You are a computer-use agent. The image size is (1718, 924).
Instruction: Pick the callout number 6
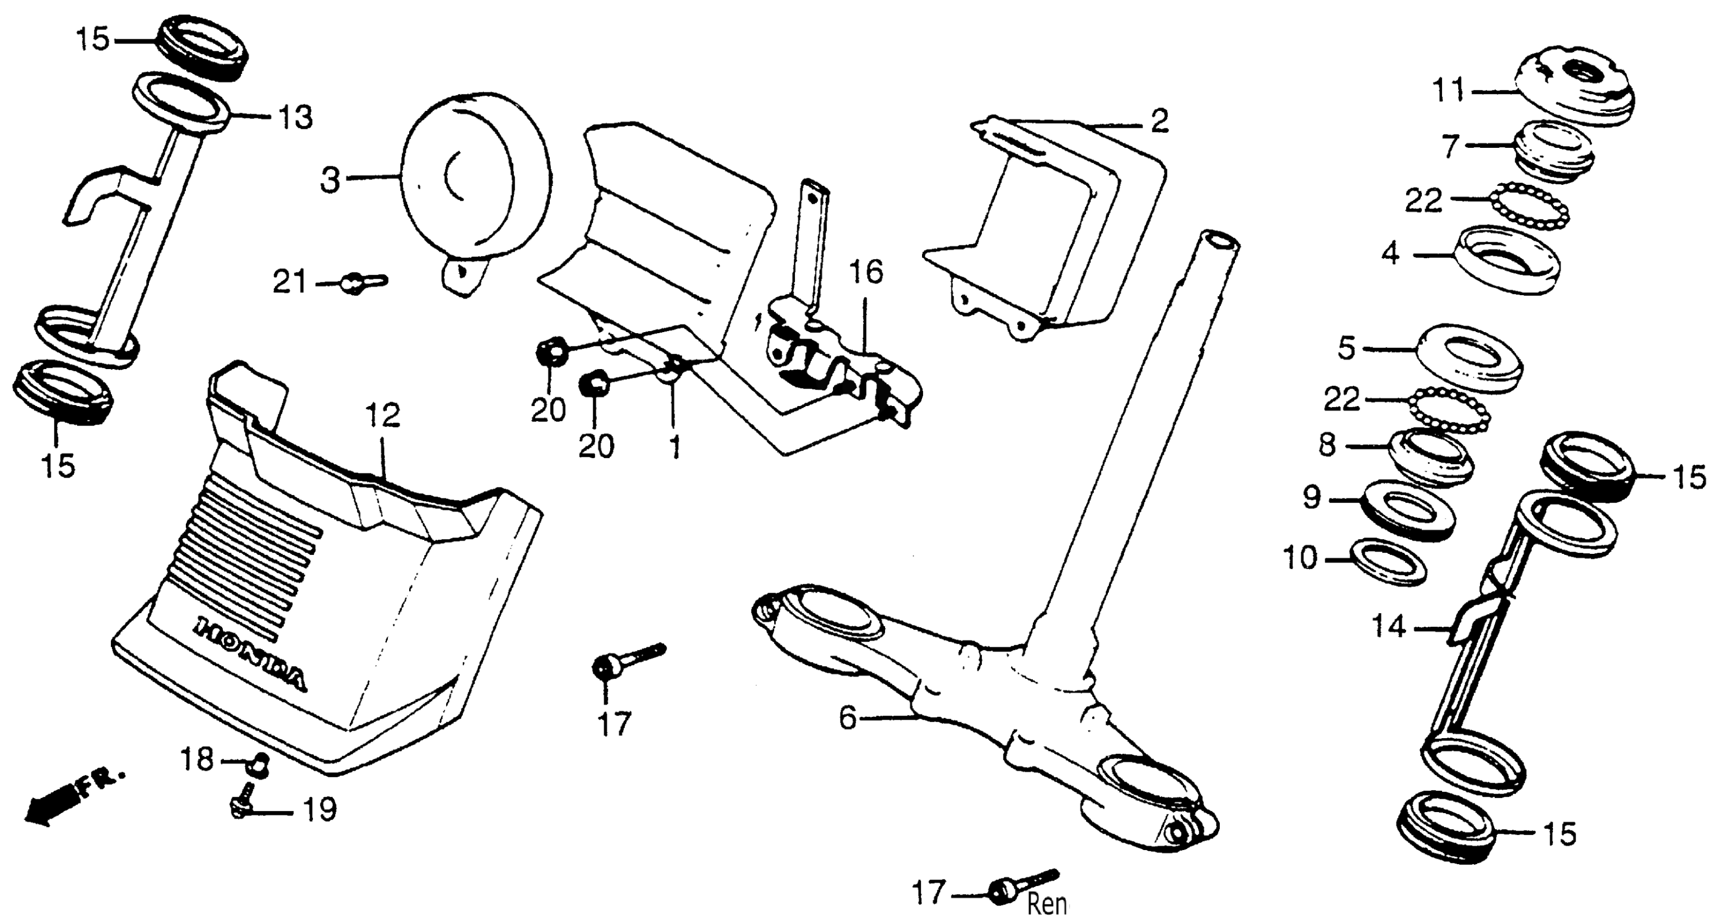click(x=847, y=718)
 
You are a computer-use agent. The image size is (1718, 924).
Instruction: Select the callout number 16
click(x=866, y=272)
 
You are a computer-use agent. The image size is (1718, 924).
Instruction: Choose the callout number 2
click(x=1159, y=121)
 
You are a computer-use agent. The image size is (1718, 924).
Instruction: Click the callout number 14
click(x=1389, y=627)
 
